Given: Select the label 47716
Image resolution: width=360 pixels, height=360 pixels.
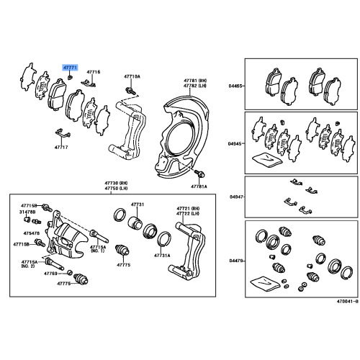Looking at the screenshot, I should [94, 72].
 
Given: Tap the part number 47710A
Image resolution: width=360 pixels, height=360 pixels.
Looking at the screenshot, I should [132, 76].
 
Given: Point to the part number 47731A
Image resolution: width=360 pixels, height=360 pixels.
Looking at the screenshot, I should [163, 256].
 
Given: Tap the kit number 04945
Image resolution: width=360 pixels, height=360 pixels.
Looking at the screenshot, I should [235, 142].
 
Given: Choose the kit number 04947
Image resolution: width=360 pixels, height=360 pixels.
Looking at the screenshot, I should [235, 194].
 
